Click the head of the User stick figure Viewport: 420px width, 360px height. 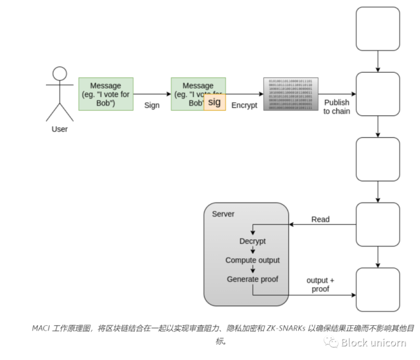[60, 73]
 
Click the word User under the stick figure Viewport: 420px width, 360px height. [60, 129]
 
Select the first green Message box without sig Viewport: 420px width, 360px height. [105, 94]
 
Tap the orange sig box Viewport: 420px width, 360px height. [214, 102]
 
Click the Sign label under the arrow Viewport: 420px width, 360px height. [152, 105]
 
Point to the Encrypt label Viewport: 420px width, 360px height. [244, 105]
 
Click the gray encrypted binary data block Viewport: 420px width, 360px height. [289, 94]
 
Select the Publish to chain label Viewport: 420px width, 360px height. [336, 107]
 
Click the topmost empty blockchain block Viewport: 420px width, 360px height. [377, 29]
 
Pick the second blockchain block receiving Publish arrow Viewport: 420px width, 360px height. [377, 94]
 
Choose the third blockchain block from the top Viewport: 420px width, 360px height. [377, 159]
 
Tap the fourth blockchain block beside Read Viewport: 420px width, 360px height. [377, 224]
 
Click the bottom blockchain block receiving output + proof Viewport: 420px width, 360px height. [377, 289]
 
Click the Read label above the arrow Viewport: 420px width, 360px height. [320, 220]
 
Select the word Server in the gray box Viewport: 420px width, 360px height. [223, 214]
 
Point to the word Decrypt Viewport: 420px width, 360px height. [252, 241]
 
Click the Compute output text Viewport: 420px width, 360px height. [252, 260]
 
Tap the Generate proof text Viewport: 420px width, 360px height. [252, 279]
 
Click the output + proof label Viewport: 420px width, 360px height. [320, 285]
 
